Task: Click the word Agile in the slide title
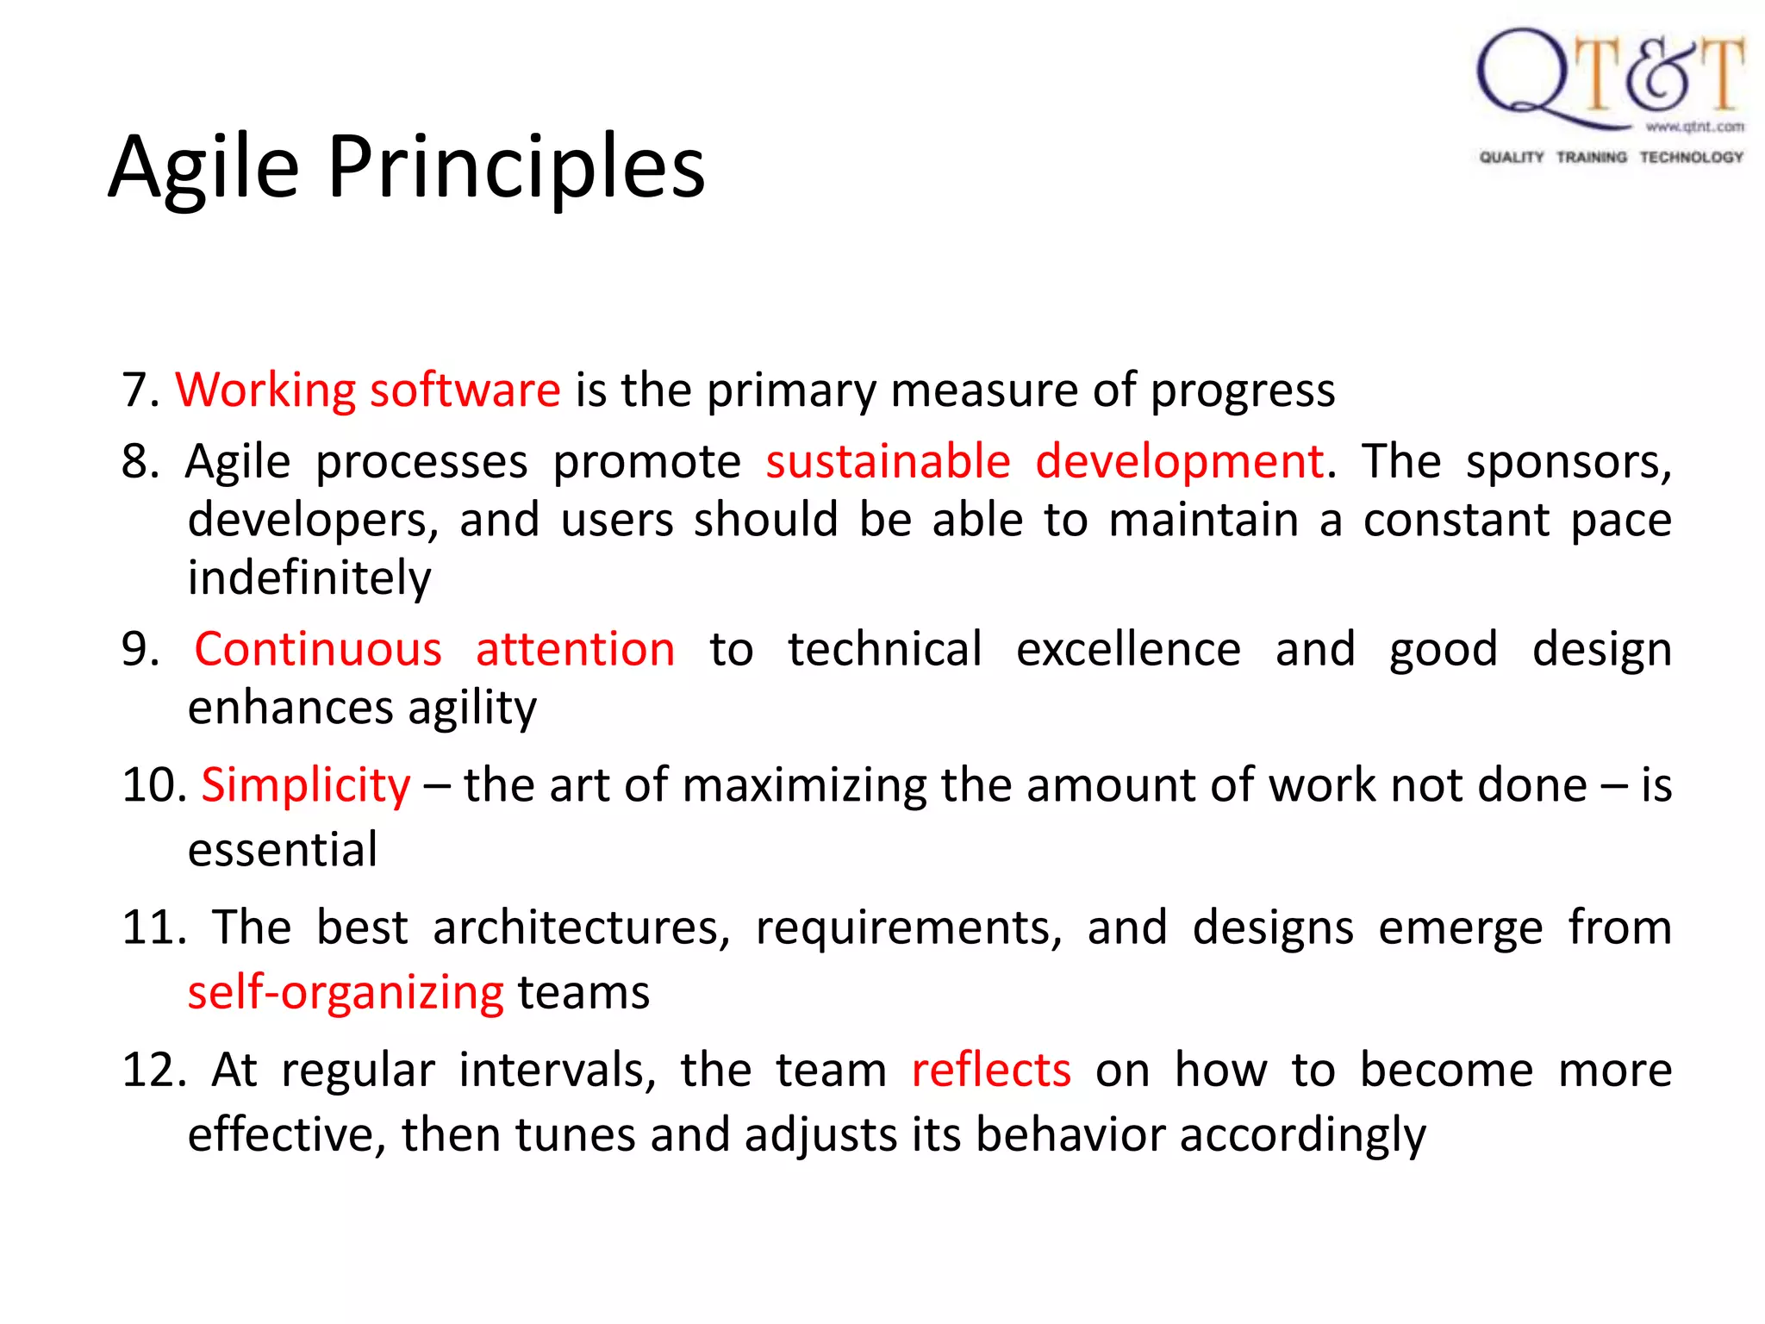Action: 204,168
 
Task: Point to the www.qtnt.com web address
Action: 1694,127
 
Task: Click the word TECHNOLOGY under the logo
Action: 1691,157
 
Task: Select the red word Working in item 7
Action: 265,390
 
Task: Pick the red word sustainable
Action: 888,461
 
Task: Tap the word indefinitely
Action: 309,578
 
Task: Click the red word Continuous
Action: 317,649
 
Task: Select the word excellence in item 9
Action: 1127,649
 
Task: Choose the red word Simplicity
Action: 306,786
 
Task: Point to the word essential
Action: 283,850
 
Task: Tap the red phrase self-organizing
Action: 346,993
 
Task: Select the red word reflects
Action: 991,1071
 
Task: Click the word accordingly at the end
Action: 1302,1136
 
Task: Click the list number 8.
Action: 140,462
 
